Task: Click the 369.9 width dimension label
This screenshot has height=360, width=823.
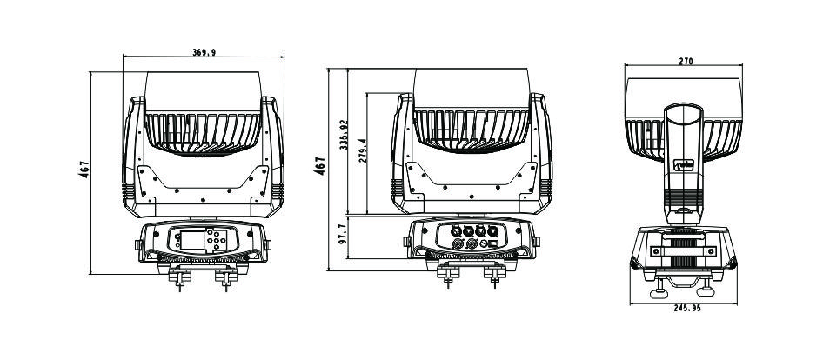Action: pos(204,52)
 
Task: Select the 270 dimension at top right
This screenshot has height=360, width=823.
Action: pos(686,61)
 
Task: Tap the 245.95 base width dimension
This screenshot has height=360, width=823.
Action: pos(687,308)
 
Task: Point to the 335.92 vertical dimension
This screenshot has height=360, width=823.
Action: pos(344,135)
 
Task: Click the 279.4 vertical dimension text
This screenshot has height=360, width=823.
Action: pos(363,150)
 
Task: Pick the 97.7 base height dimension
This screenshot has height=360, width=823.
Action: pos(342,234)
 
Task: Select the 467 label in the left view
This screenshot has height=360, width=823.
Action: pos(85,170)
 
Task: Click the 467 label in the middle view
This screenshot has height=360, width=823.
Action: pos(320,166)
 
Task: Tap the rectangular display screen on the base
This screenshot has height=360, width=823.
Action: pos(192,240)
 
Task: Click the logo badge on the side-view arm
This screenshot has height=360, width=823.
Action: pos(684,165)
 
